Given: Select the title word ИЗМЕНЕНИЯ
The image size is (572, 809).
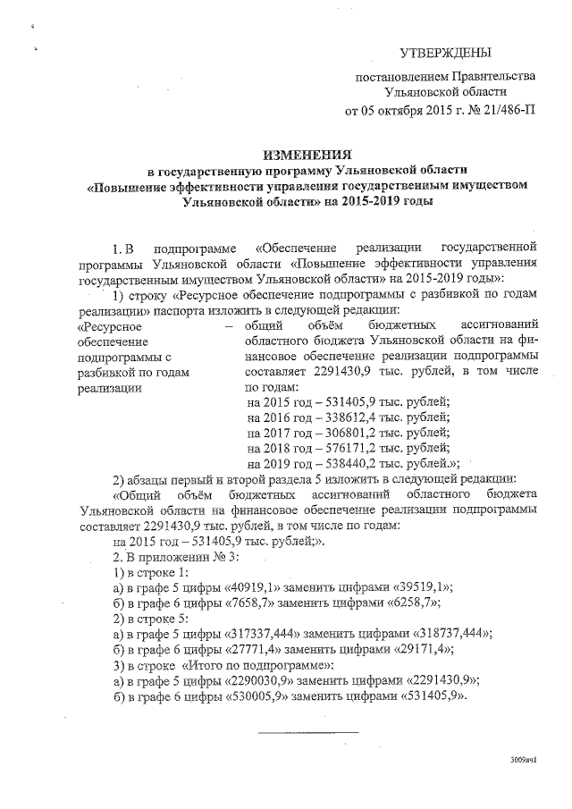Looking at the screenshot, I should click(x=310, y=155).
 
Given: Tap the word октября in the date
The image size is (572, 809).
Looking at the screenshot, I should click(x=406, y=112).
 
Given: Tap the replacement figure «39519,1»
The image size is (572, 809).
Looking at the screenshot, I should click(x=416, y=586).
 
